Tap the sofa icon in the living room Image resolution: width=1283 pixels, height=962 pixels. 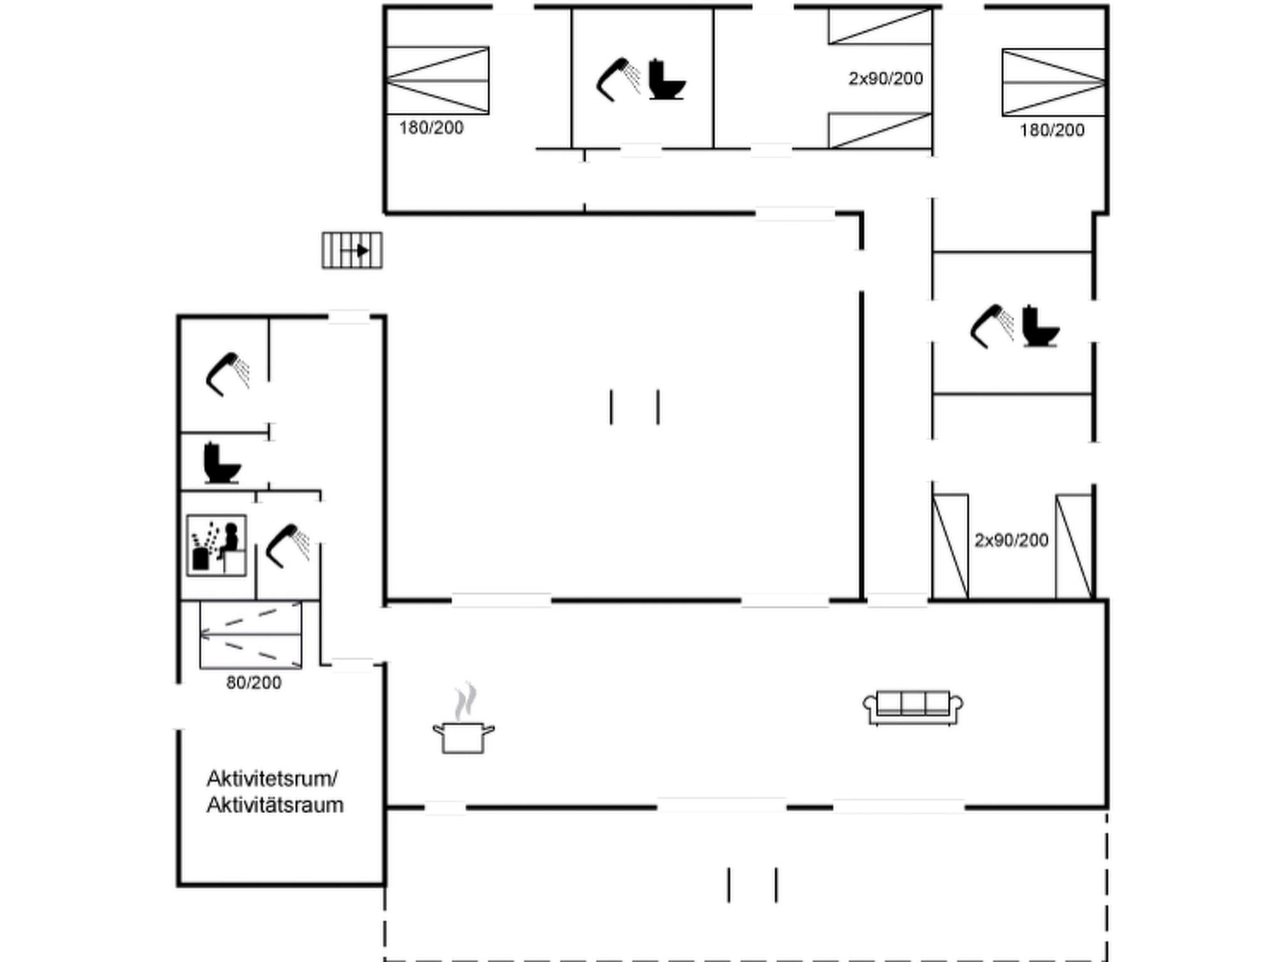pyautogui.click(x=913, y=708)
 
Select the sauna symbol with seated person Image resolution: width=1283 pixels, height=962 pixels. pyautogui.click(x=216, y=546)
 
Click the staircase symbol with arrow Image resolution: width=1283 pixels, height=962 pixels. pyautogui.click(x=352, y=251)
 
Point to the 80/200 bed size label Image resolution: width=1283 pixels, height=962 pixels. pyautogui.click(x=254, y=683)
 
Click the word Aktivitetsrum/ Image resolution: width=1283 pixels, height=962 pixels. pyautogui.click(x=272, y=778)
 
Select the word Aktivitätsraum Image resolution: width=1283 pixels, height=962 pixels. pyautogui.click(x=275, y=805)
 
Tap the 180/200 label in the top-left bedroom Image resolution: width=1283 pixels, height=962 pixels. pyautogui.click(x=431, y=128)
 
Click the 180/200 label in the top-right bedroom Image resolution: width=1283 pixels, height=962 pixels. pyautogui.click(x=1051, y=130)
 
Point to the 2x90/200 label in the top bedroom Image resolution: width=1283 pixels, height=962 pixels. pyautogui.click(x=885, y=79)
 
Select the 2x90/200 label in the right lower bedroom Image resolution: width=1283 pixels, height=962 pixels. pyautogui.click(x=1010, y=540)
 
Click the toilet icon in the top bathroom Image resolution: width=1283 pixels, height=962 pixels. pyautogui.click(x=666, y=80)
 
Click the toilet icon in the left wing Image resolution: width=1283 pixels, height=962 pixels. pyautogui.click(x=221, y=463)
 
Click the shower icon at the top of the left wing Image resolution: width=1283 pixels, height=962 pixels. pyautogui.click(x=227, y=374)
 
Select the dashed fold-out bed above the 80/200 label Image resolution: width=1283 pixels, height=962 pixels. pyautogui.click(x=251, y=635)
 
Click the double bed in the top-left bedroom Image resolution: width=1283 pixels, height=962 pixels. pyautogui.click(x=437, y=81)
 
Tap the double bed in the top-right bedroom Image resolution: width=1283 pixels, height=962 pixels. pyautogui.click(x=1053, y=83)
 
